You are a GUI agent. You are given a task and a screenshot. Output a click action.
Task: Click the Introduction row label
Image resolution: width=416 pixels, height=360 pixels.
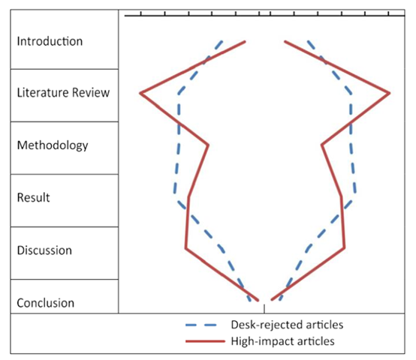pyautogui.click(x=50, y=41)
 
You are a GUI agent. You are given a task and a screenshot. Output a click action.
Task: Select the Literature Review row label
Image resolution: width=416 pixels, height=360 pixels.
pyautogui.click(x=63, y=93)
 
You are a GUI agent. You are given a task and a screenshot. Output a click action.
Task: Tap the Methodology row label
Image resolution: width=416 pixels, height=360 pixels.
pyautogui.click(x=53, y=145)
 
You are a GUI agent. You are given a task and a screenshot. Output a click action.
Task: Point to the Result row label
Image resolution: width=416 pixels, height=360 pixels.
pyautogui.click(x=34, y=197)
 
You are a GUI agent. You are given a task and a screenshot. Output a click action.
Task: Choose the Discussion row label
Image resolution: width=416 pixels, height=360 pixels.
pyautogui.click(x=44, y=250)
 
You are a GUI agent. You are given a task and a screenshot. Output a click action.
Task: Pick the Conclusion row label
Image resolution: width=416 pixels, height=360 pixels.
pyautogui.click(x=45, y=303)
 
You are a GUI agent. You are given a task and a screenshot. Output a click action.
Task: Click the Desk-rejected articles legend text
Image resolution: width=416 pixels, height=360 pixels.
pyautogui.click(x=287, y=325)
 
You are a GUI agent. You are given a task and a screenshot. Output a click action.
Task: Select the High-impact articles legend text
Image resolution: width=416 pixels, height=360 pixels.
pyautogui.click(x=282, y=341)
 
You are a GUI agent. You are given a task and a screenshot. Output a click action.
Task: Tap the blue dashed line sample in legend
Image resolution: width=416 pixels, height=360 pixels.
pyautogui.click(x=201, y=325)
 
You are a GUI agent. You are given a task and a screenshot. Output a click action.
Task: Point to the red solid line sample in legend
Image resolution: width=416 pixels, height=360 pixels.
pyautogui.click(x=205, y=341)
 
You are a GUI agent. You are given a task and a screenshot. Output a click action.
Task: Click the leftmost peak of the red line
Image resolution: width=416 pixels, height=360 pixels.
pyautogui.click(x=140, y=93)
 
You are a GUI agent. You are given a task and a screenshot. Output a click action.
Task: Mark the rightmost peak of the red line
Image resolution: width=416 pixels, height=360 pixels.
pyautogui.click(x=390, y=93)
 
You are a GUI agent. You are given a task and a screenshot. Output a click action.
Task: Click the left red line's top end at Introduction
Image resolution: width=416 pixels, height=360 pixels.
pyautogui.click(x=245, y=41)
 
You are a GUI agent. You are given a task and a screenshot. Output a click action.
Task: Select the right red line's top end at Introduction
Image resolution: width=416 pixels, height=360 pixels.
pyautogui.click(x=285, y=41)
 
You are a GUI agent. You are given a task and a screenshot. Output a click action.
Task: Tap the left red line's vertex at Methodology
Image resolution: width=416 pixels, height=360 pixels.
pyautogui.click(x=208, y=145)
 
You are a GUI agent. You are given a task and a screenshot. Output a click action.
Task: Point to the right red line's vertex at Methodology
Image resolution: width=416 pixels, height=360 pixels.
pyautogui.click(x=322, y=145)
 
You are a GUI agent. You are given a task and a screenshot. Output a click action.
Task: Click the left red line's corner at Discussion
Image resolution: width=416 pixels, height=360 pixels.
pyautogui.click(x=186, y=248)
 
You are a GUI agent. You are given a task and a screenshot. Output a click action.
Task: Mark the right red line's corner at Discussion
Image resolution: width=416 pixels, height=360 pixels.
pyautogui.click(x=344, y=248)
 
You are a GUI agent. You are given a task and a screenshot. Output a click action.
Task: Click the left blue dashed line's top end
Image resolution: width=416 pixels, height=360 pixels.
pyautogui.click(x=222, y=41)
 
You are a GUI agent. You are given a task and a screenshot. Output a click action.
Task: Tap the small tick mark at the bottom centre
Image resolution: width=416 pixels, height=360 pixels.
pyautogui.click(x=264, y=309)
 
